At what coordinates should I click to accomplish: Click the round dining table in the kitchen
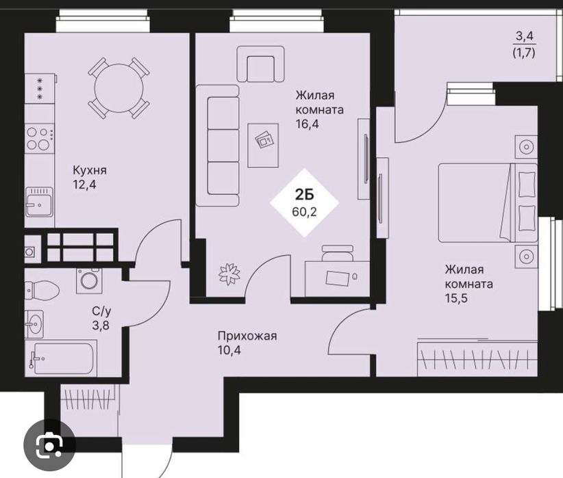(x=119, y=88)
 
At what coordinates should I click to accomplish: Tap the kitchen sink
(x=39, y=202)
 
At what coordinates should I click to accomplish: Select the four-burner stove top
(x=39, y=138)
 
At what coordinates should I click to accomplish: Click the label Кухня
(x=90, y=170)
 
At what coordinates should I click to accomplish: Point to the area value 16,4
(x=308, y=124)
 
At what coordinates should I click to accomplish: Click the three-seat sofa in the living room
(x=218, y=146)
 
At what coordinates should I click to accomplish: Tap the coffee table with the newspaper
(x=263, y=145)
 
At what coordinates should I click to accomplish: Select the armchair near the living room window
(x=261, y=64)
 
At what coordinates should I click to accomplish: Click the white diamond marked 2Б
(x=305, y=202)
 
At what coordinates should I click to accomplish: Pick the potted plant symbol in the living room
(x=229, y=274)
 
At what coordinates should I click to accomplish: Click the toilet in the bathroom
(x=41, y=289)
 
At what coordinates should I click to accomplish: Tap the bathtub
(x=61, y=359)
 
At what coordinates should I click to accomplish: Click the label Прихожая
(x=247, y=336)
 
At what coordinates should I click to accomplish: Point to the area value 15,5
(x=456, y=298)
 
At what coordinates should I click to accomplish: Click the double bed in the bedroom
(x=488, y=203)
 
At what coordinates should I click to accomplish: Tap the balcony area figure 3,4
(x=525, y=36)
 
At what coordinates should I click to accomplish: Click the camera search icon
(x=49, y=445)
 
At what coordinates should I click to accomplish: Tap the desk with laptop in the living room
(x=337, y=278)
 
